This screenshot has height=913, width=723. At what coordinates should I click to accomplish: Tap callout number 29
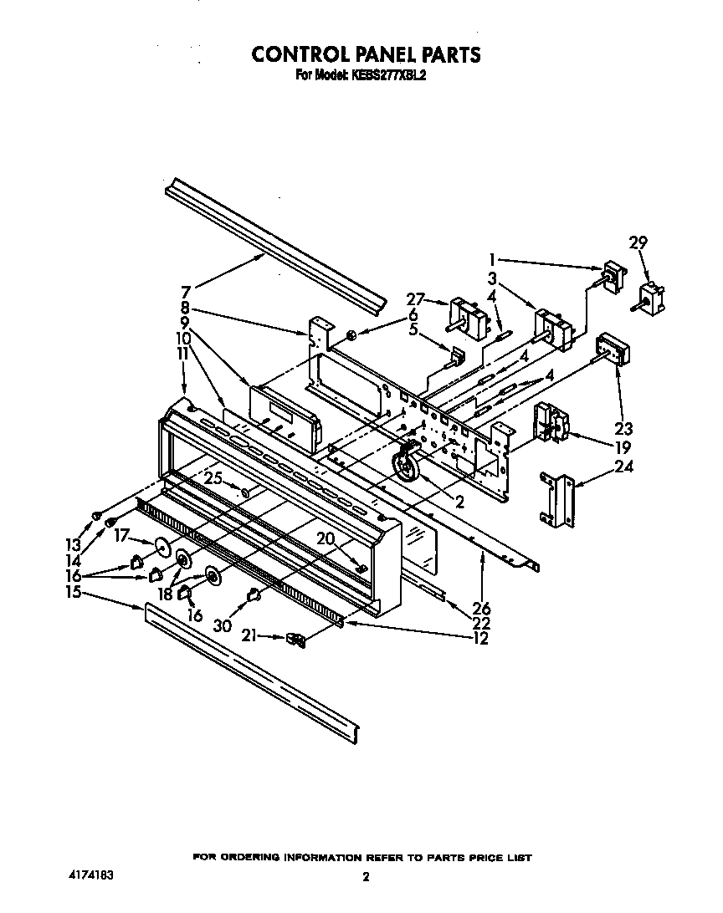click(x=638, y=243)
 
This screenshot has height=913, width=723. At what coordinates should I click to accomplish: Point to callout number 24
click(x=623, y=467)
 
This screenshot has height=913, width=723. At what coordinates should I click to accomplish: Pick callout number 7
click(x=187, y=292)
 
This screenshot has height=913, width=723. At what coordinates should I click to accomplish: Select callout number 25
click(x=213, y=478)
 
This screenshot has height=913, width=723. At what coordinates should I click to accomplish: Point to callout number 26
click(x=482, y=608)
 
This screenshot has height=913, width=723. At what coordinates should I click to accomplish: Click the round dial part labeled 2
click(x=405, y=463)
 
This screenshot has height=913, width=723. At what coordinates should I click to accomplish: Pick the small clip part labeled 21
click(x=295, y=640)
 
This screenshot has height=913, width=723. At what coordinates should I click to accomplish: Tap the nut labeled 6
click(x=352, y=336)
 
